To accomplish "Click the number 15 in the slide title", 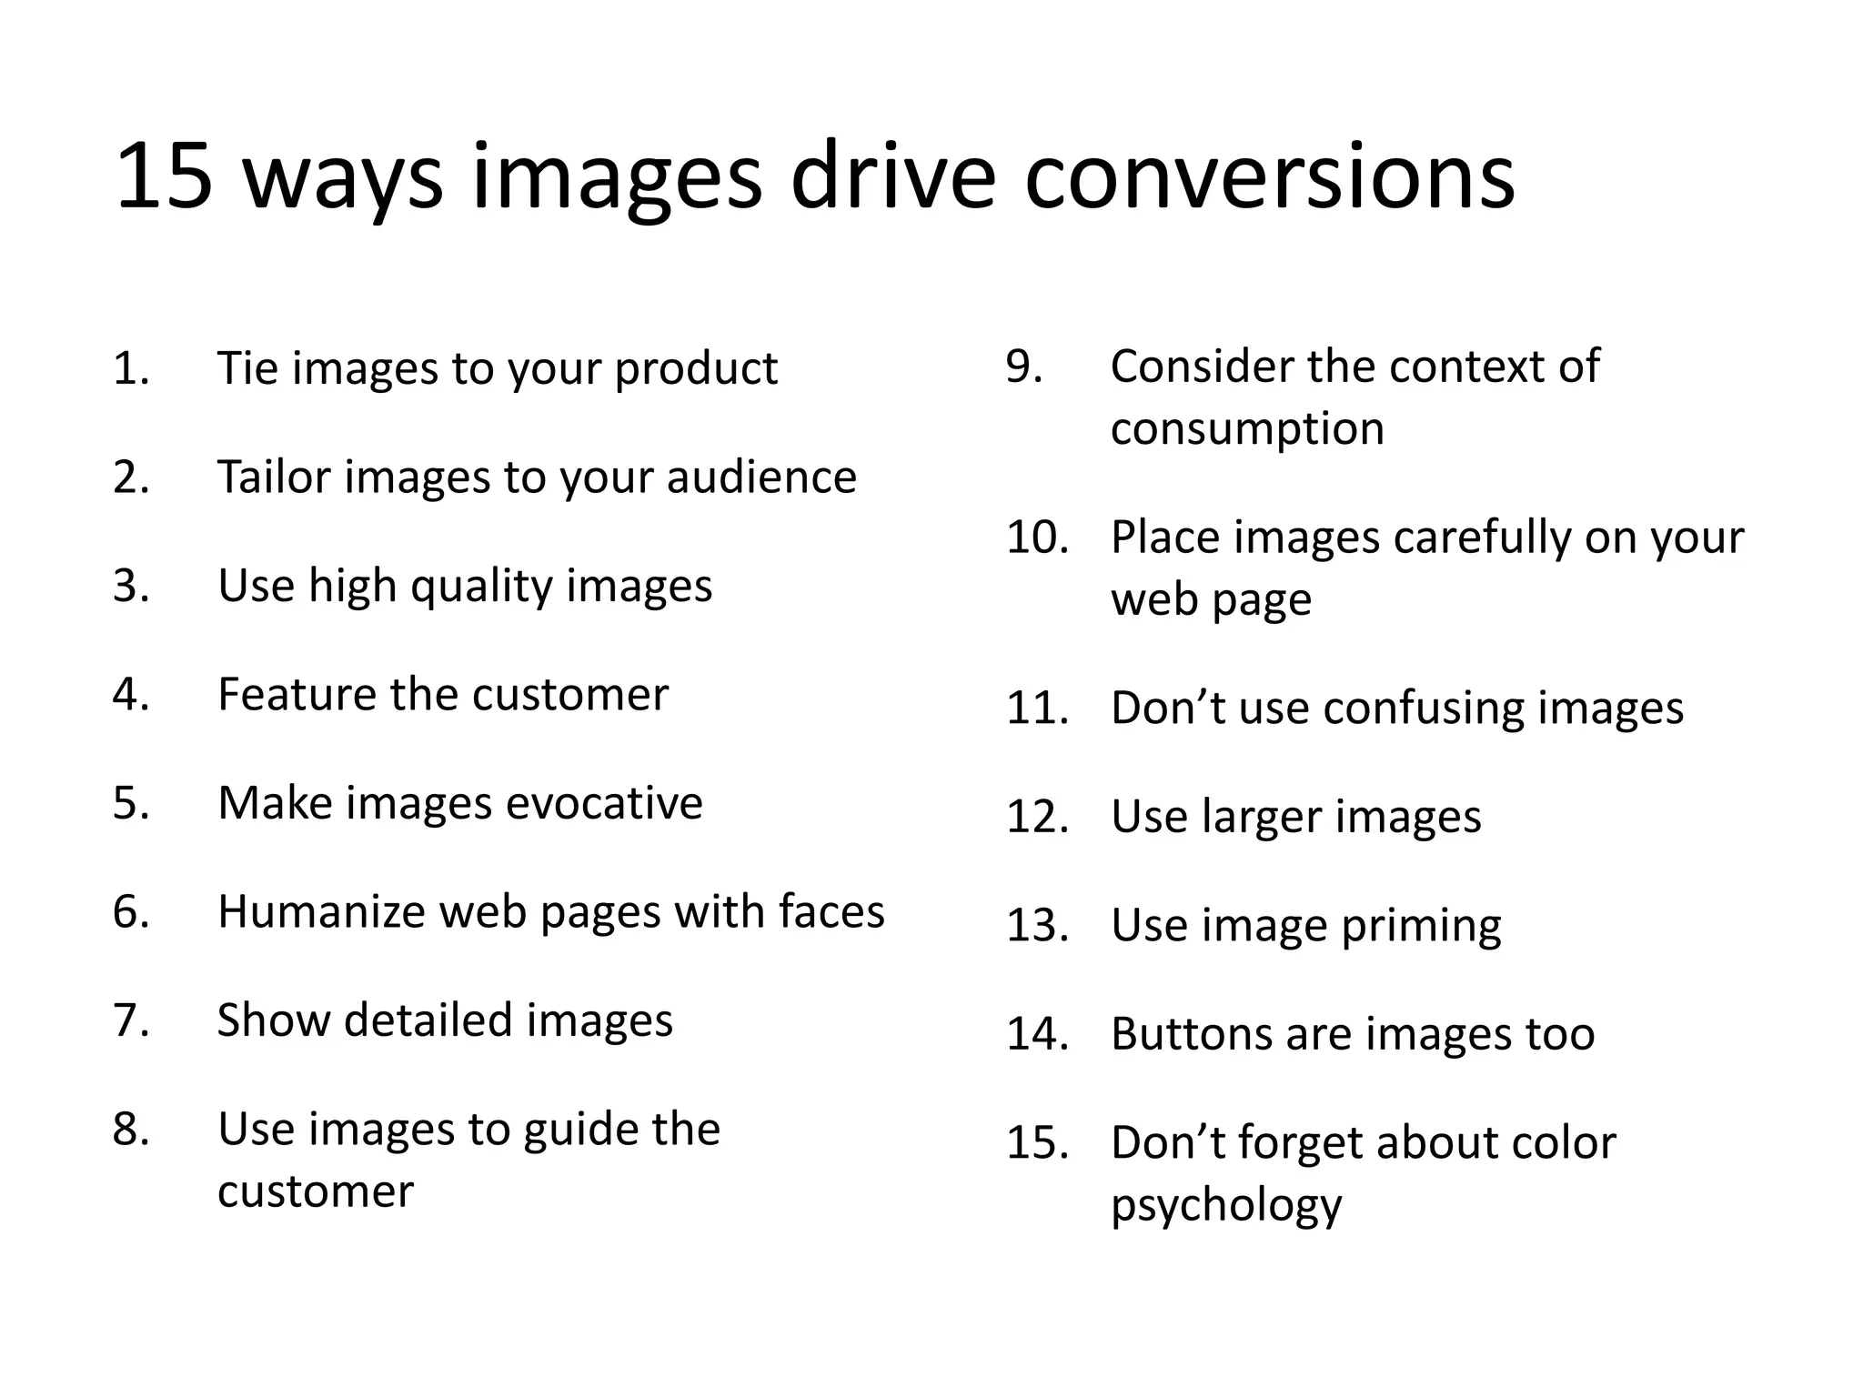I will click(x=164, y=176).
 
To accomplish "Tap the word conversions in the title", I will click(x=1269, y=176).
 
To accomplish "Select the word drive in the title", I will click(x=893, y=176).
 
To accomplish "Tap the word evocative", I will click(x=604, y=803).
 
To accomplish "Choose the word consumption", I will click(x=1247, y=429).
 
